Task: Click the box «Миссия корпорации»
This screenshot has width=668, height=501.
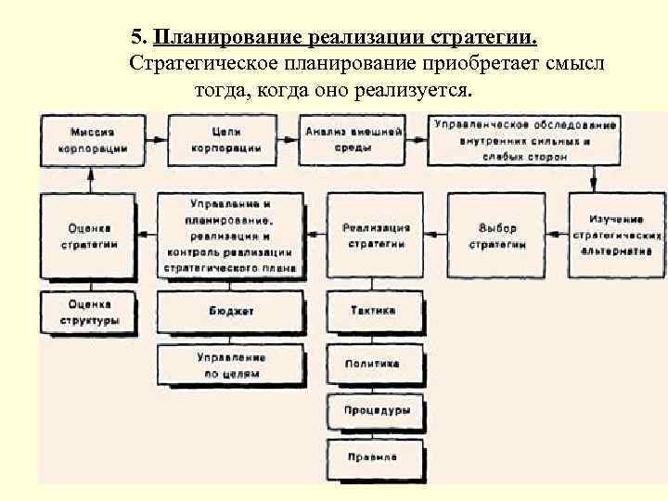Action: (x=92, y=140)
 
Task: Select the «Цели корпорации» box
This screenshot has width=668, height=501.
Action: (x=225, y=140)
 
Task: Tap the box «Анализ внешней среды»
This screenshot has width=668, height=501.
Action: (x=352, y=140)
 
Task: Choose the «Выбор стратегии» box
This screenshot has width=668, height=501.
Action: (x=497, y=236)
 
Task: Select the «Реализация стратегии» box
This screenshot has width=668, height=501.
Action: (x=376, y=236)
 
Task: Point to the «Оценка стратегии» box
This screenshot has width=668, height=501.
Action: (x=90, y=236)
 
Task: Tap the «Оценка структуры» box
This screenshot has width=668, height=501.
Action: (x=90, y=312)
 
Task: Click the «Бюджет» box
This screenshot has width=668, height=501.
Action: (x=230, y=311)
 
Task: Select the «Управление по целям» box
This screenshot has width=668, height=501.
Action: (x=230, y=365)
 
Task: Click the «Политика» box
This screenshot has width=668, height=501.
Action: (x=374, y=364)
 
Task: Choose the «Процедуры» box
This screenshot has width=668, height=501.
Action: (x=374, y=410)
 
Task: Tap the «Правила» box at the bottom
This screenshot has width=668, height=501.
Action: (x=374, y=457)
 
